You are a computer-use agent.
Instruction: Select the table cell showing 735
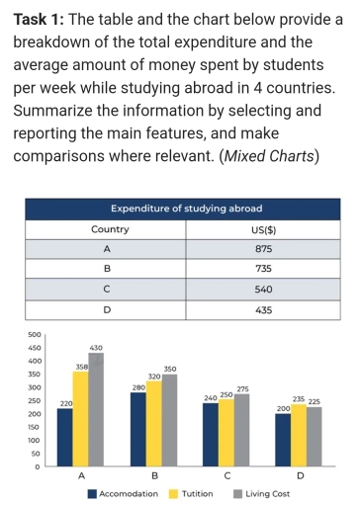263,269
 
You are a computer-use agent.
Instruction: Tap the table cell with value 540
263,290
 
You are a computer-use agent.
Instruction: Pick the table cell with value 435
263,310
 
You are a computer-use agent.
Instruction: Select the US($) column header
263,228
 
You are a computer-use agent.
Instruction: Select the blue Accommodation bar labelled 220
65,437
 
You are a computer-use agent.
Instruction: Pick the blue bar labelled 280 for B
138,430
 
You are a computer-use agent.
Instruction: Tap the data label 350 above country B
169,368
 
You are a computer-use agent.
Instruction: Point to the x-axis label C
226,476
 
